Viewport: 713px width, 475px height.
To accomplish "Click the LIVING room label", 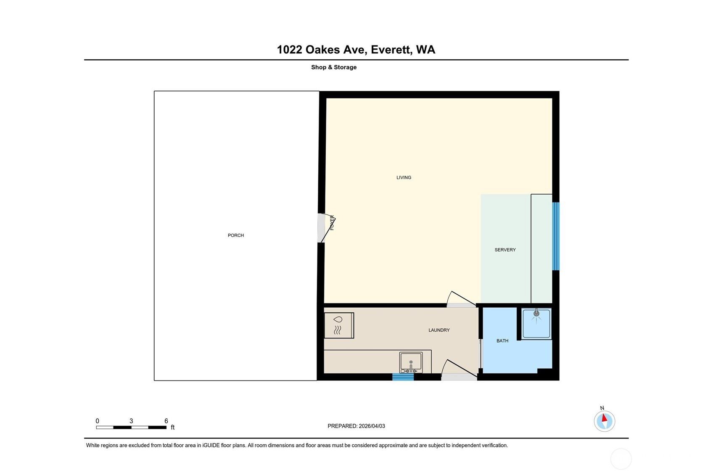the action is [404, 178].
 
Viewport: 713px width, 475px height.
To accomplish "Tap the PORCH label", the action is [236, 235].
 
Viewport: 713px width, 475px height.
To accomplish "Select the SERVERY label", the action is [505, 250].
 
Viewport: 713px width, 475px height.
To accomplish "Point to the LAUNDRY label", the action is [439, 330].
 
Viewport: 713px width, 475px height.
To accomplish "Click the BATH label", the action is [502, 341].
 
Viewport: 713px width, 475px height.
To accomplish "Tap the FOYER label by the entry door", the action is [332, 222].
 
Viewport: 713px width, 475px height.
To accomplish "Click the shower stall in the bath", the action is [536, 323].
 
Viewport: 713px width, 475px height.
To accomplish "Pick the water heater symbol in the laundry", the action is [339, 325].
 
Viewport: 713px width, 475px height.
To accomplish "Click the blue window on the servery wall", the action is [556, 236].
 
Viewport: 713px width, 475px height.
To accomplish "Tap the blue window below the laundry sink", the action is [403, 377].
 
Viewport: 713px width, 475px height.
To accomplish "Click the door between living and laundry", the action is [461, 300].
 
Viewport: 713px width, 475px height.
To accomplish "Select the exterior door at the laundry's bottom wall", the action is [459, 370].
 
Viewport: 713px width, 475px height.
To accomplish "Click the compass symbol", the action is [605, 421].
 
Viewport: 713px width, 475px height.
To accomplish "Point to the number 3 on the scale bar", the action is [131, 421].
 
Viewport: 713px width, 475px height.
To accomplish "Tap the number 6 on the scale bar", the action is [166, 421].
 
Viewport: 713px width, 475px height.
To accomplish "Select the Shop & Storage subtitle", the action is [334, 67].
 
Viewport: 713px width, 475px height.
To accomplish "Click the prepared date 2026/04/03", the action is [372, 426].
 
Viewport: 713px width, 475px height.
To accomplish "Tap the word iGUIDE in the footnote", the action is [211, 446].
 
